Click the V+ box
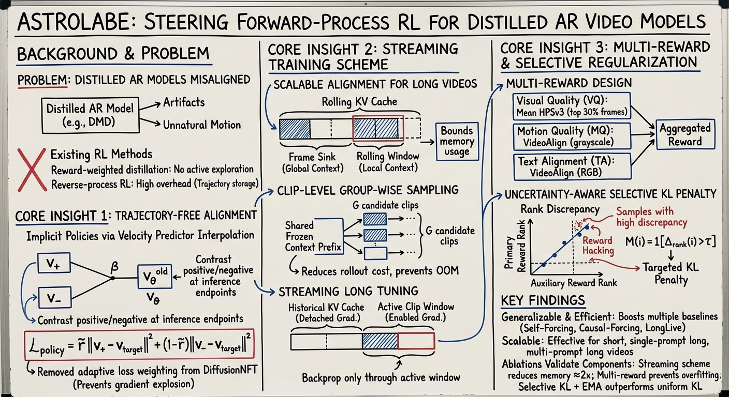(54, 264)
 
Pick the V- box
(54, 298)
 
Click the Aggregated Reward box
(684, 134)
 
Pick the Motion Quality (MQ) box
(572, 136)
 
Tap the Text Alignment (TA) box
(571, 167)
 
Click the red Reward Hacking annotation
(598, 245)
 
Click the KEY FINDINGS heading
(543, 301)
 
